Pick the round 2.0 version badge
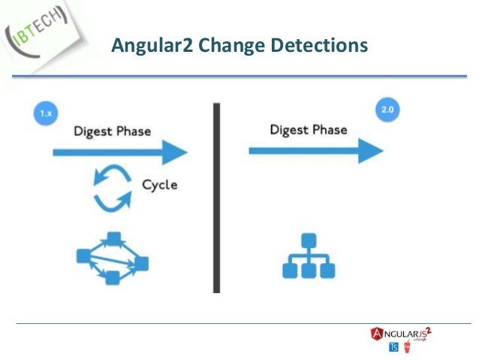pos(386,110)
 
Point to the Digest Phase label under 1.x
pos(112,132)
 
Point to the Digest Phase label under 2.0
pos(309,130)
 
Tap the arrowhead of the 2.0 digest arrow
pos(370,150)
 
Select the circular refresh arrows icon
pos(112,188)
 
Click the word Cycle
pos(161,185)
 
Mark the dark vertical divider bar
pos(216,198)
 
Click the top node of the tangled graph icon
pos(114,240)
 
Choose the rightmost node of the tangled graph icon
pos(140,263)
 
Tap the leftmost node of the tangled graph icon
pos(84,256)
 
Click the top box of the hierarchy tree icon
pos(307,241)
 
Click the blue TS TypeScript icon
pos(393,347)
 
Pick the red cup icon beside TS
pos(408,346)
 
